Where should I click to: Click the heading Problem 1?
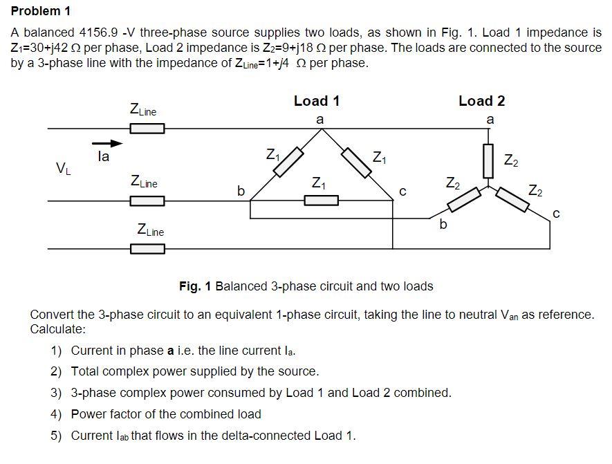click(x=41, y=11)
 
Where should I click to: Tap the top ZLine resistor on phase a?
click(x=147, y=128)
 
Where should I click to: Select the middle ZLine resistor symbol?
click(x=147, y=201)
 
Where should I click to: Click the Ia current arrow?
click(x=107, y=144)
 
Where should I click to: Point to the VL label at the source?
click(x=62, y=167)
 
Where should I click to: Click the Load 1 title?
click(x=317, y=101)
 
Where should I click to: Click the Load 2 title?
click(x=481, y=101)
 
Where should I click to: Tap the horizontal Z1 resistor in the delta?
click(x=321, y=201)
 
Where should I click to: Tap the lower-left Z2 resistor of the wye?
click(x=464, y=199)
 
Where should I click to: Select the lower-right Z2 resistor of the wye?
click(x=517, y=198)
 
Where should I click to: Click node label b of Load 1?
click(x=241, y=190)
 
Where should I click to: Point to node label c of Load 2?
click(x=556, y=215)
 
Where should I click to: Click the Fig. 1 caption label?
click(x=196, y=286)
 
